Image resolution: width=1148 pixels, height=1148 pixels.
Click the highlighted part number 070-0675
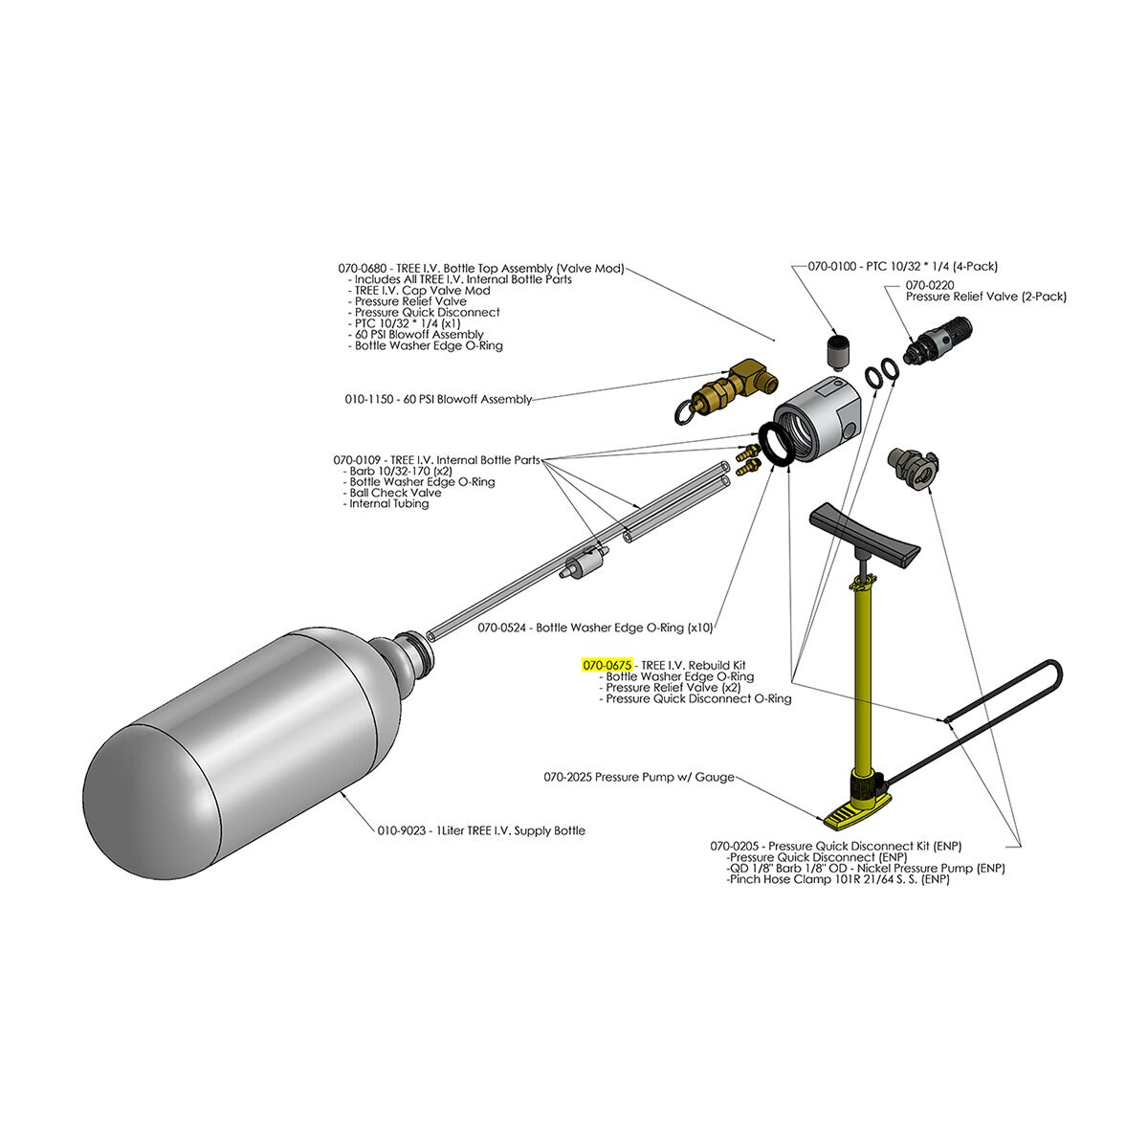click(607, 664)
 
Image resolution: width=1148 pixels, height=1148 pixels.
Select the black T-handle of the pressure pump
click(864, 533)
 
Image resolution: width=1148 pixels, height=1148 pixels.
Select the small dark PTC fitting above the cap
click(838, 350)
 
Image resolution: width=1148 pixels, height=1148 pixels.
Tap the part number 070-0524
click(504, 629)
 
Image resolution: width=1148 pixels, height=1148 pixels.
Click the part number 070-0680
click(364, 269)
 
